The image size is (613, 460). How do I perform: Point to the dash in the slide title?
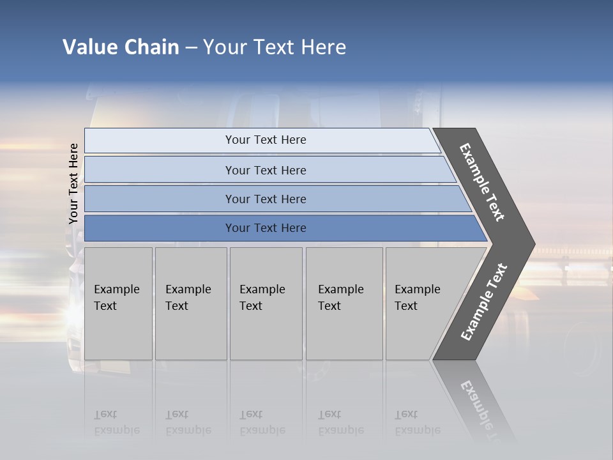191,48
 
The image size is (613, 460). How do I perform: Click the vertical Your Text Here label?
73,184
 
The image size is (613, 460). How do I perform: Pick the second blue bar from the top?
265,170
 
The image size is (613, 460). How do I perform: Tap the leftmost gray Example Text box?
118,303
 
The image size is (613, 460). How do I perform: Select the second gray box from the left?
191,303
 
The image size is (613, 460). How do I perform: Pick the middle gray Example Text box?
266,303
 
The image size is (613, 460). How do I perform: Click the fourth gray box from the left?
344,303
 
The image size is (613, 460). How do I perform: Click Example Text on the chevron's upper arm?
482,182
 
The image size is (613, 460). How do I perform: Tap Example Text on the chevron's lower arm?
483,302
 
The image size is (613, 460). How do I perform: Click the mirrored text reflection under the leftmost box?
116,423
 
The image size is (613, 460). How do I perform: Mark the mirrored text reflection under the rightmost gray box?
417,423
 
